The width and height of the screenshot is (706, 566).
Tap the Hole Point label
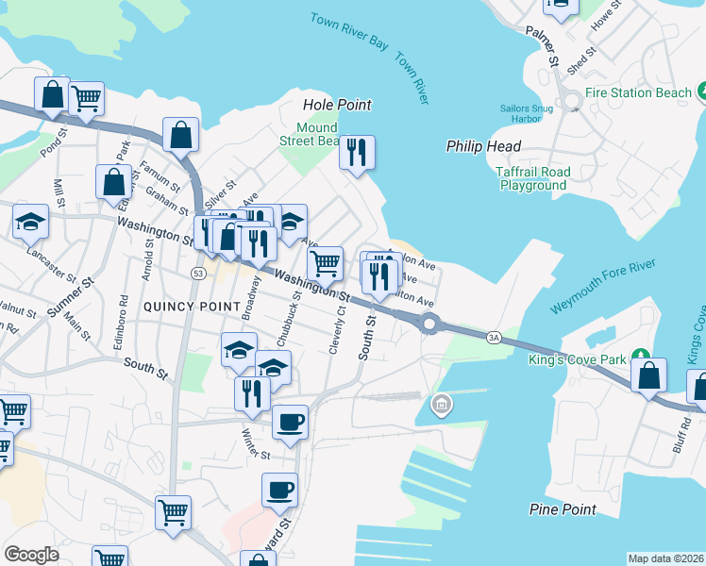pyautogui.click(x=337, y=105)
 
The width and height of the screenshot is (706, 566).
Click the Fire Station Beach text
pyautogui.click(x=638, y=92)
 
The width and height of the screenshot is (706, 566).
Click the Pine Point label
pyautogui.click(x=563, y=509)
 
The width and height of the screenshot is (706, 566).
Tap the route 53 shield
pyautogui.click(x=197, y=274)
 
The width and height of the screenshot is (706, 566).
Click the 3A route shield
pyautogui.click(x=494, y=337)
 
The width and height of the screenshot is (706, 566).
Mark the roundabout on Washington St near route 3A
pyautogui.click(x=429, y=325)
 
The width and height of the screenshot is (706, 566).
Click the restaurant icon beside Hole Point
pyautogui.click(x=357, y=153)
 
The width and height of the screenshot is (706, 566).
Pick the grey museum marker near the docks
pyautogui.click(x=440, y=406)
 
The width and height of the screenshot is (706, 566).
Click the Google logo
pyautogui.click(x=31, y=555)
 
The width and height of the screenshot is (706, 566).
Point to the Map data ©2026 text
pyautogui.click(x=665, y=558)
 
